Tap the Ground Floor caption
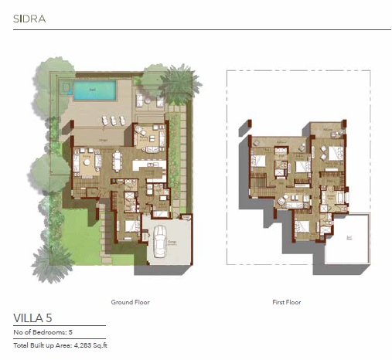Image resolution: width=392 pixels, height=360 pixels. coord(128,302)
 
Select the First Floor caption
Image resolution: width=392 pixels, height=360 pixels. coord(286,302)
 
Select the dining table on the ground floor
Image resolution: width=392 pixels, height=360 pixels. coord(118,161)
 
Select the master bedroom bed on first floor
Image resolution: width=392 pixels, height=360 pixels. coord(334,154)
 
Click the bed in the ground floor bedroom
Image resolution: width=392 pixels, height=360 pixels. coord(130,228)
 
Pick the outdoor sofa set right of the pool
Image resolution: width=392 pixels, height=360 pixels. coord(143,100)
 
